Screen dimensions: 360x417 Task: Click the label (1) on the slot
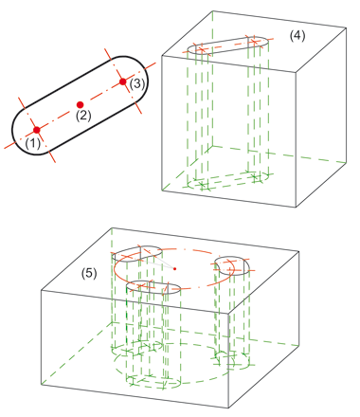33,143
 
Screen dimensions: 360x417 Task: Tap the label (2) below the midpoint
83,116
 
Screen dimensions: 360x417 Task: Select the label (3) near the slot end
137,83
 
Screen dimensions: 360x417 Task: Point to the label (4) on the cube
297,36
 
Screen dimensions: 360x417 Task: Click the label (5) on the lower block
89,273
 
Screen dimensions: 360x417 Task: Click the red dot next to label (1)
37,130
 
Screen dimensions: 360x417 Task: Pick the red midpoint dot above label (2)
81,104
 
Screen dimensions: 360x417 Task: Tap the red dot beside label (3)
123,82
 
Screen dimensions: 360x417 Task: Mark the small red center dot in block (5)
174,269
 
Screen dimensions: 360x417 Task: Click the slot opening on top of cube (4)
228,45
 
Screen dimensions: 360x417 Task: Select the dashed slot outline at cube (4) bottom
228,180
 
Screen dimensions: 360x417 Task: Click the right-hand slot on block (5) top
232,266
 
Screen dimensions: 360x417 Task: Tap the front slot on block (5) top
153,287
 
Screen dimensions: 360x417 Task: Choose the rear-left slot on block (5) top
137,254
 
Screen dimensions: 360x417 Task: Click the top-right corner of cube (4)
347,28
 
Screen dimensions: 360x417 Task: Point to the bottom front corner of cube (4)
296,208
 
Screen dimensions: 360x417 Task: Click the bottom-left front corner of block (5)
42,385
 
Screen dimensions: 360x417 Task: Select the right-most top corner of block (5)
299,252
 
